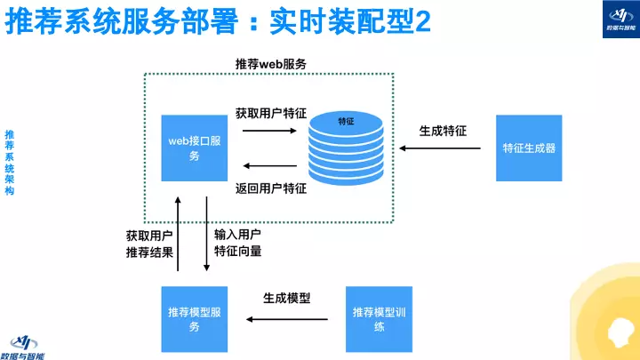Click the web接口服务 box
point(195,148)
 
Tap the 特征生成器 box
point(529,148)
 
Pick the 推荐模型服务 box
point(195,319)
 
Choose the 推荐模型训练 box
point(380,319)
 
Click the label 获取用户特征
point(271,113)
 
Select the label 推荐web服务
point(270,65)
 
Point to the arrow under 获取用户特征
point(270,131)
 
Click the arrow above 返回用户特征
point(270,166)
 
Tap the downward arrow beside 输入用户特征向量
point(206,233)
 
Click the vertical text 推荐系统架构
point(10,163)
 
